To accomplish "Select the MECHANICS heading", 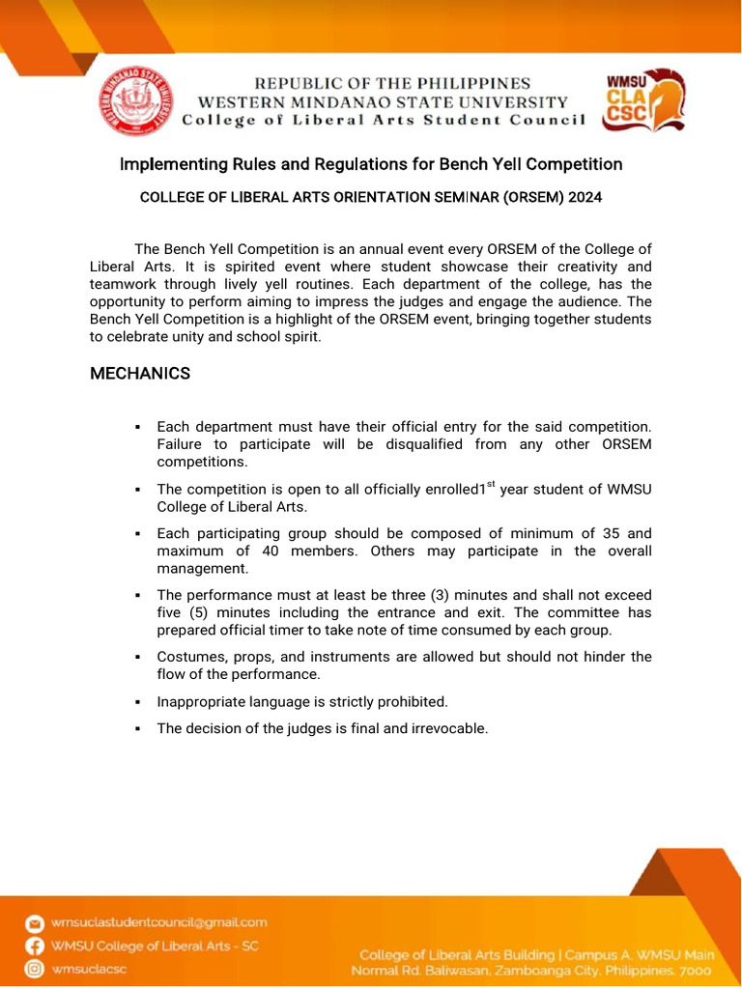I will click(140, 373).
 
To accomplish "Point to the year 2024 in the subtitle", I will click(585, 197).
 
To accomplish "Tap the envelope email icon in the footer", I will click(35, 923).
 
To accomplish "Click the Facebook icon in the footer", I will click(35, 947).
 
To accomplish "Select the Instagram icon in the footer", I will click(35, 969).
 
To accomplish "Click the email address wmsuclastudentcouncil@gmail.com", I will click(159, 923).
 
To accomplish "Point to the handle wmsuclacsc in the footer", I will click(90, 969).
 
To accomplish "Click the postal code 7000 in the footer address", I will click(693, 970).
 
